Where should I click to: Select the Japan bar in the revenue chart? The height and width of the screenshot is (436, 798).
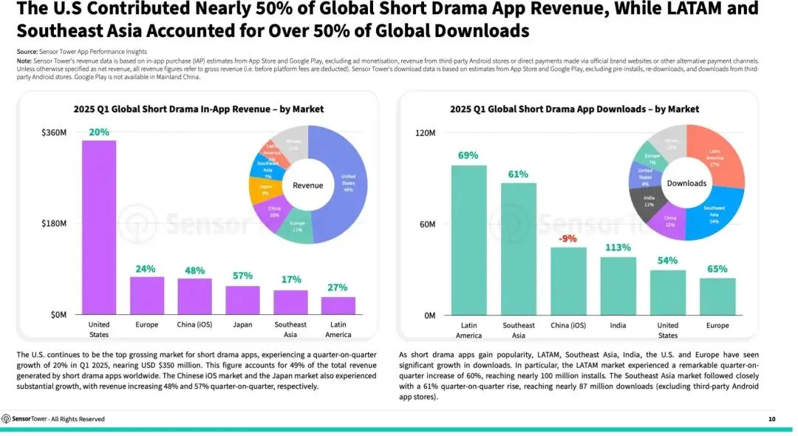click(242, 300)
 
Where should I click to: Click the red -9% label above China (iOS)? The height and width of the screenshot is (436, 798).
click(568, 238)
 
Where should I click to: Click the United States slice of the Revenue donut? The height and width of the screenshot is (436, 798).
click(347, 185)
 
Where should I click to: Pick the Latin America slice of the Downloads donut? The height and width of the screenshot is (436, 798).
click(715, 157)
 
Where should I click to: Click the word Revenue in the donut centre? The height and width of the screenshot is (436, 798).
click(308, 185)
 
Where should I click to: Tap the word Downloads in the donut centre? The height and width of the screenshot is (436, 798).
click(686, 183)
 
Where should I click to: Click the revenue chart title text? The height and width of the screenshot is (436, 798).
click(198, 109)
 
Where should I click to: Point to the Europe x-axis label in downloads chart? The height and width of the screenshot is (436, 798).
click(717, 325)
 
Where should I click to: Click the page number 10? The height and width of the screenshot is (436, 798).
click(771, 419)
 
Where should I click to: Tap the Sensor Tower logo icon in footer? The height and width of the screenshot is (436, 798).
click(6, 419)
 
